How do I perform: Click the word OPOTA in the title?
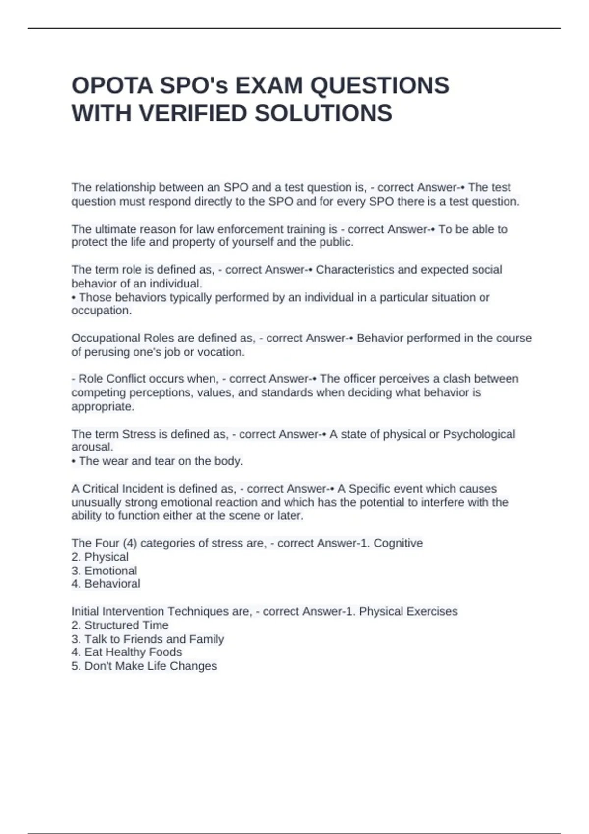tap(112, 86)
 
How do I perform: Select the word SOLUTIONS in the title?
tap(323, 114)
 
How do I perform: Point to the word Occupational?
tap(106, 338)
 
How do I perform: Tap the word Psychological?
tap(479, 434)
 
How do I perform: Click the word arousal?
tap(92, 447)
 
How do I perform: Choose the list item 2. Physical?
tap(100, 557)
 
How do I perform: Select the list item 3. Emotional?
tap(104, 571)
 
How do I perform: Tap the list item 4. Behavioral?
tap(106, 584)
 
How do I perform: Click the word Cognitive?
tap(398, 543)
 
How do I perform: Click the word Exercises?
tap(432, 611)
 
